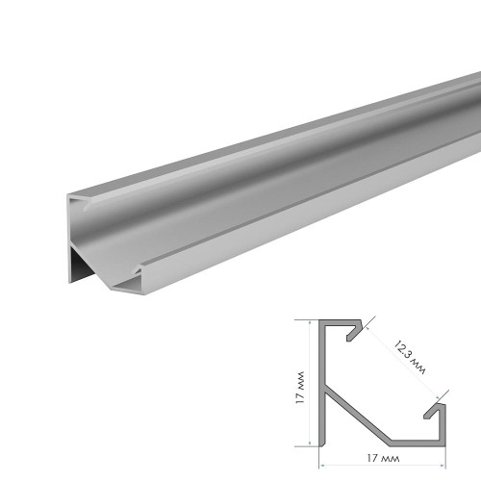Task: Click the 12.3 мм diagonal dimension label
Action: (x=410, y=358)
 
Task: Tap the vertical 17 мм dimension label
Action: (x=300, y=388)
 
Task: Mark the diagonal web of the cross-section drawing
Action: (x=358, y=417)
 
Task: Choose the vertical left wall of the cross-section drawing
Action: (x=322, y=383)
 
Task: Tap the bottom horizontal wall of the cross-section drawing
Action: (x=418, y=443)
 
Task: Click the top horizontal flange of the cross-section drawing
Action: (x=341, y=322)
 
